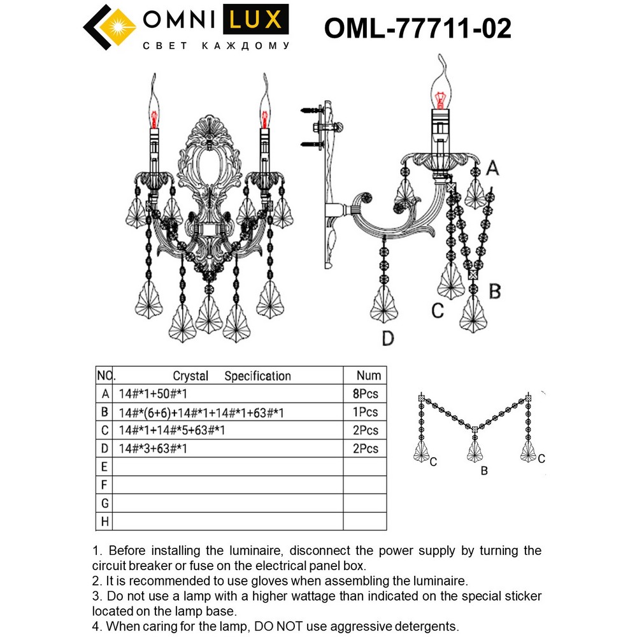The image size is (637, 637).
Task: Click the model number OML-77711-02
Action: click(x=418, y=29)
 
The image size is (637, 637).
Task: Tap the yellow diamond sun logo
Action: click(x=118, y=27)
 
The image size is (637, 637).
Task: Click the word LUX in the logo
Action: click(x=255, y=19)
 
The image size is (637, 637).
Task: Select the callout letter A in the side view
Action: click(x=492, y=168)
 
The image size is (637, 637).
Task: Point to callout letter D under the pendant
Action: click(x=388, y=338)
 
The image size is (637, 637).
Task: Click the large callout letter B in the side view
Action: click(x=494, y=291)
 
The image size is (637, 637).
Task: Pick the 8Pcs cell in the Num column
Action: click(x=365, y=394)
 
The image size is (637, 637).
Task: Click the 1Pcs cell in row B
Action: click(x=365, y=412)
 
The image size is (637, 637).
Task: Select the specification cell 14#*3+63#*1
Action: click(x=153, y=448)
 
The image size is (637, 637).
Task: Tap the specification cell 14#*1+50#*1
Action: click(x=153, y=394)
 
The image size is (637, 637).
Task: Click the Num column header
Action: click(x=368, y=375)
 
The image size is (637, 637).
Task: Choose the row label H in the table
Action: click(x=105, y=521)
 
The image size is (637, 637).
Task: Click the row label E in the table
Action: click(x=104, y=467)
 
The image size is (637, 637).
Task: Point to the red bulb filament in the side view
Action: click(x=439, y=99)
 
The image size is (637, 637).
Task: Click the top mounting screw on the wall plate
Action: click(x=312, y=110)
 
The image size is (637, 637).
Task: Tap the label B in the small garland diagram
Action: click(x=484, y=471)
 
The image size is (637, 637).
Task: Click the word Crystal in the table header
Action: click(x=190, y=376)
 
